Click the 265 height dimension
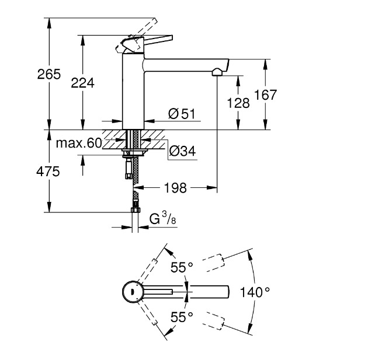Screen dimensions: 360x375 tap(50, 75)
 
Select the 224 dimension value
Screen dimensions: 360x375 tap(82, 83)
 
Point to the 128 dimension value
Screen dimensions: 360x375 tap(238, 103)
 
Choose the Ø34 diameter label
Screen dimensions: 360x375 tap(182, 152)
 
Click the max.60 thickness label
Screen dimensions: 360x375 tap(78, 143)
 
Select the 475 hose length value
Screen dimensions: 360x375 tap(50, 172)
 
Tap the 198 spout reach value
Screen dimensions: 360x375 tap(175, 188)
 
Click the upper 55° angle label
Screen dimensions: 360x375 tap(182, 267)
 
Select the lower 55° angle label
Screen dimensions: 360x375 tap(182, 317)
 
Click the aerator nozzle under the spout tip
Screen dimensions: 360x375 tap(217, 72)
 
